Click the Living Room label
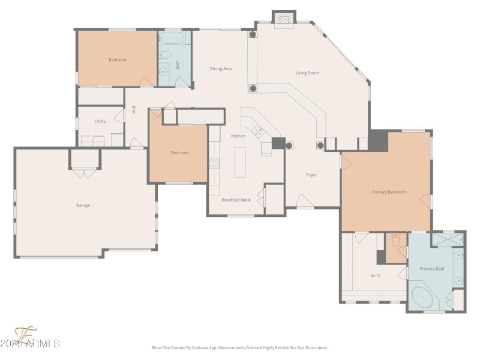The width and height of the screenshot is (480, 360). click(307, 73)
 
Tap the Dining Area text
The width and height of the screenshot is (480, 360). click(221, 69)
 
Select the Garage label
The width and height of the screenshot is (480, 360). click(83, 205)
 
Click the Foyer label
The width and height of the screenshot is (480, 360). click(311, 175)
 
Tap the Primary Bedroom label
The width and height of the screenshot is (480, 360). click(389, 192)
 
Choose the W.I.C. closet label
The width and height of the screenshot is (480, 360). click(376, 276)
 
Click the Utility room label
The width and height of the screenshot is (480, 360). click(100, 121)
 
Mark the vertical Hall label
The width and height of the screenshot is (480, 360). click(134, 110)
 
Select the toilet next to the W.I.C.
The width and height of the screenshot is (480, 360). click(395, 241)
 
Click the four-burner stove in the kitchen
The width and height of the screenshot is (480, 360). click(214, 162)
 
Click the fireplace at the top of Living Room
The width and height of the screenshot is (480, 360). click(284, 19)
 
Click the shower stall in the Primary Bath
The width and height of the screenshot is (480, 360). click(448, 239)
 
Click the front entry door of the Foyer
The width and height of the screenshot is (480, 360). click(305, 203)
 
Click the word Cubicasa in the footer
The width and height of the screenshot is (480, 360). click(205, 347)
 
